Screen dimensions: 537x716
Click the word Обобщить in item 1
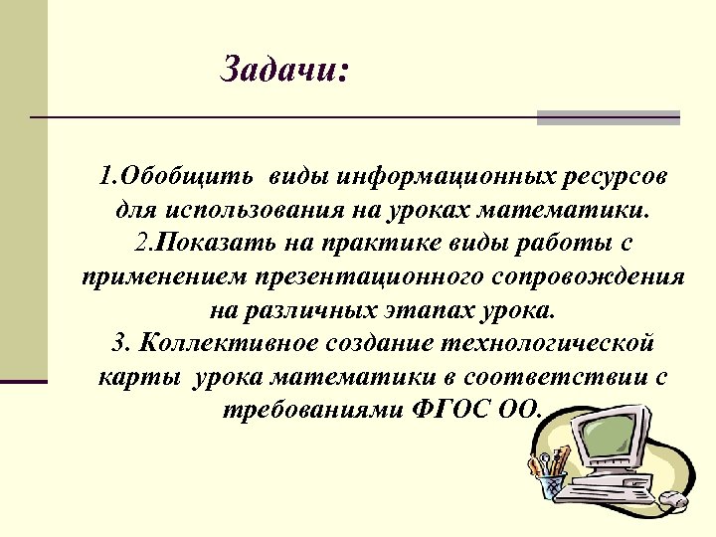(x=174, y=178)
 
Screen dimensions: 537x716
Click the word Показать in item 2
(x=203, y=244)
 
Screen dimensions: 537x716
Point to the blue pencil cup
(x=550, y=487)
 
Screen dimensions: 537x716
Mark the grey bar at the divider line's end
(x=608, y=117)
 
